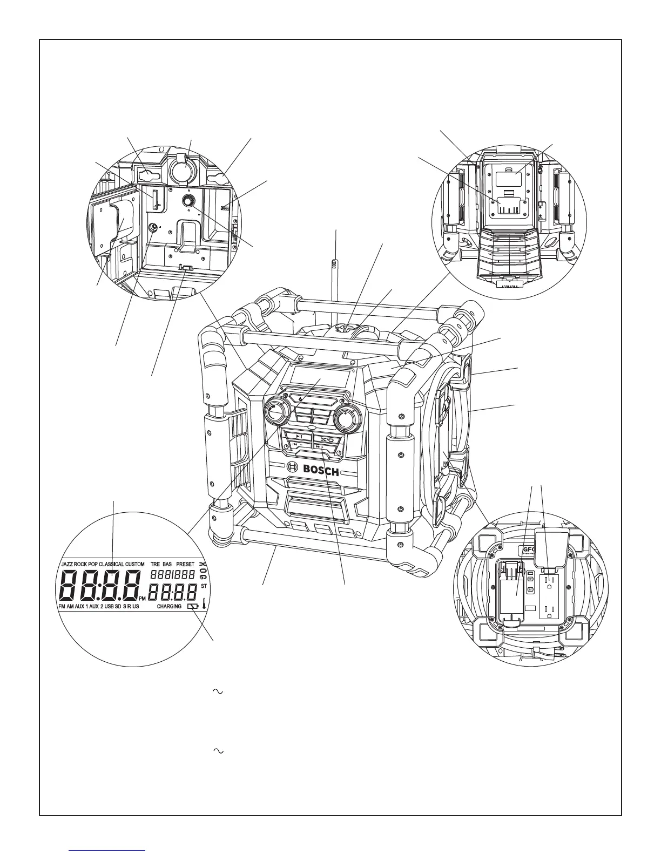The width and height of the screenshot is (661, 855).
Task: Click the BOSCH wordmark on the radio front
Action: (x=321, y=470)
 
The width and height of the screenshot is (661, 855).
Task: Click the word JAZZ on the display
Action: (x=66, y=564)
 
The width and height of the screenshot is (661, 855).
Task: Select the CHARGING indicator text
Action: (x=169, y=607)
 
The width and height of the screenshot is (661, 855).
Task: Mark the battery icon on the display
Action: (x=193, y=607)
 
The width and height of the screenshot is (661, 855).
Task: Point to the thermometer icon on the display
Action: (x=205, y=605)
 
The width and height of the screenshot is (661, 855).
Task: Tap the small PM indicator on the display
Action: (x=142, y=599)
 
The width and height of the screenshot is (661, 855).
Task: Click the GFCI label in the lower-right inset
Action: (x=527, y=551)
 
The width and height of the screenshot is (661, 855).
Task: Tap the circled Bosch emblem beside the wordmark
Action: (x=292, y=468)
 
